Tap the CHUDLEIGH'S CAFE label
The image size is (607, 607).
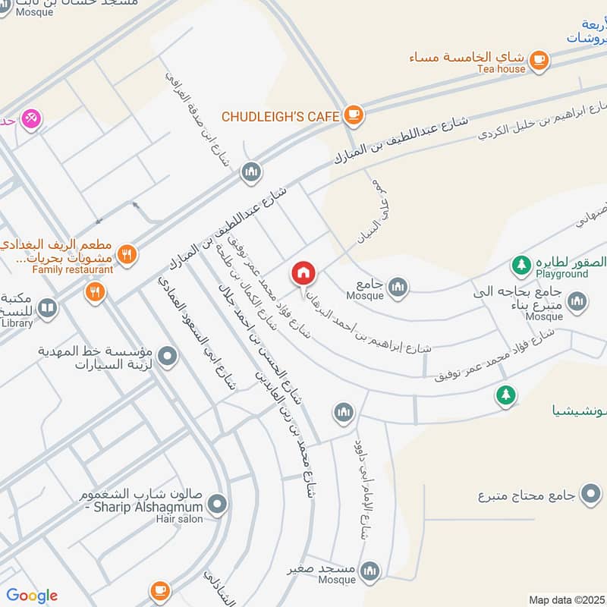(x=279, y=116)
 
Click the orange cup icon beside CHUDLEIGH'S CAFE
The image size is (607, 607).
(x=353, y=115)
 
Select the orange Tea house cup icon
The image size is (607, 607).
(x=539, y=58)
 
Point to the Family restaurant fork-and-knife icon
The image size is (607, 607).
(x=127, y=255)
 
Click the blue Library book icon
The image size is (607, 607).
(x=47, y=308)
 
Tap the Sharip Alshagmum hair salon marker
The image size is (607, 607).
(x=218, y=503)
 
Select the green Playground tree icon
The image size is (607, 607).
(x=521, y=264)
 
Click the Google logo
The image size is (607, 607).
(x=32, y=596)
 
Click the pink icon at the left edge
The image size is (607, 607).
(x=31, y=118)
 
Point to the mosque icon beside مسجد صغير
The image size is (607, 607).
(x=370, y=571)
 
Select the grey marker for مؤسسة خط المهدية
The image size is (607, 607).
(x=168, y=354)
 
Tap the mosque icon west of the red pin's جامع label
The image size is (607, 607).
(x=398, y=287)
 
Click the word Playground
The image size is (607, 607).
(x=561, y=274)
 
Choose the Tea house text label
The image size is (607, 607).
(x=501, y=69)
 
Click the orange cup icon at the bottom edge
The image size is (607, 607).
(x=159, y=590)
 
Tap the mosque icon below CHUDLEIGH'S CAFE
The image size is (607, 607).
(x=251, y=173)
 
